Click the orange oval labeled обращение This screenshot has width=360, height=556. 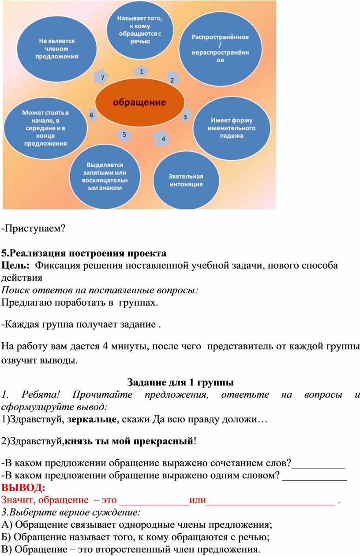(139, 102)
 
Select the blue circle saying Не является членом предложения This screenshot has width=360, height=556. (58, 48)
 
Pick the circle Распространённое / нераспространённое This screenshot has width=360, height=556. (219, 48)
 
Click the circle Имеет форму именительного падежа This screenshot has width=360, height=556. (232, 128)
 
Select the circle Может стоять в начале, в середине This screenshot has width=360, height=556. (45, 128)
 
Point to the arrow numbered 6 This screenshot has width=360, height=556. (91, 114)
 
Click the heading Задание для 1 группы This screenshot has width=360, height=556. (180, 381)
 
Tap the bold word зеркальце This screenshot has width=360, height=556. (92, 420)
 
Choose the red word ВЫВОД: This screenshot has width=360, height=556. (23, 488)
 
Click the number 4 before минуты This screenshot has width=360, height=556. (105, 345)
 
